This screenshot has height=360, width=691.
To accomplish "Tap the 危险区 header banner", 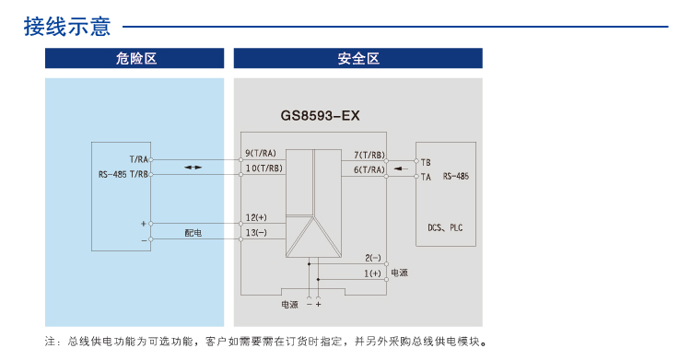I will [x=135, y=59].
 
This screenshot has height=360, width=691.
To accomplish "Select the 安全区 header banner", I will [x=358, y=59].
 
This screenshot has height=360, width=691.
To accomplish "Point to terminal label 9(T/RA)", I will [x=261, y=153].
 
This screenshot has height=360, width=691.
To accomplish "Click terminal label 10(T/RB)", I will [x=264, y=168].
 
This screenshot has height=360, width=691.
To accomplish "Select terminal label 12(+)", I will [x=256, y=217].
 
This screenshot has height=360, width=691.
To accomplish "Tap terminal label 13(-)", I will [x=256, y=233].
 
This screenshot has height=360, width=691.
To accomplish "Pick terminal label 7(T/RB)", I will [x=369, y=155].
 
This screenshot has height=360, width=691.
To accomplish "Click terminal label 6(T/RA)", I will [x=369, y=169].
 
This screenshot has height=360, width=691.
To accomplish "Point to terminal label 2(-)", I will [x=372, y=257].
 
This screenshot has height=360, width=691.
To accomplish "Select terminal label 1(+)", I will [x=372, y=273].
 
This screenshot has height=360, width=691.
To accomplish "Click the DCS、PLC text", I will [x=445, y=225].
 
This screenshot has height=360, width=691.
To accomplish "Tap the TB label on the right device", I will [x=426, y=162].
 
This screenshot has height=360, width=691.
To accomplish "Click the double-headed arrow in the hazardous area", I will [x=193, y=168].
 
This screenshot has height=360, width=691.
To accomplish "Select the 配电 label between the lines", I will [x=193, y=233].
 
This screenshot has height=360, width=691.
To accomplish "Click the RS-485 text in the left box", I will [x=112, y=174].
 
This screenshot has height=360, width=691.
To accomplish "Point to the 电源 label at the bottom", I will [x=289, y=304].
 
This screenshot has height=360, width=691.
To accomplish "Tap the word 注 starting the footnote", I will [x=50, y=342].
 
